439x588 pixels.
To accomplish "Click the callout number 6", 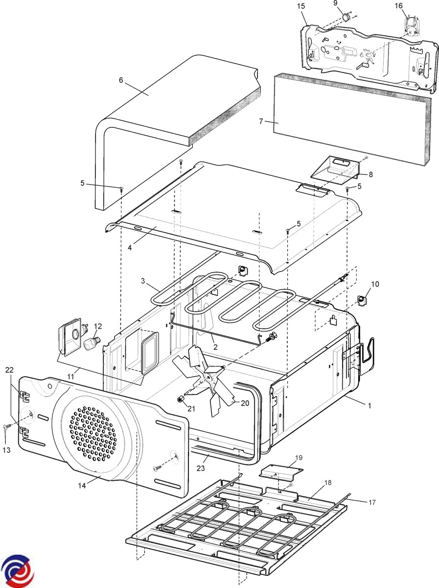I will pos(121,80).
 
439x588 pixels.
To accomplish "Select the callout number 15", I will pos(300,6).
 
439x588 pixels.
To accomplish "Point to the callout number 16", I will pos(399,6).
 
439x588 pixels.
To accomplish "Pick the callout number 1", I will pos(370,406).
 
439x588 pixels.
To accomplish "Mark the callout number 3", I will pos(143,281).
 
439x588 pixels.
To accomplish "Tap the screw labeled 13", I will pos(6,428).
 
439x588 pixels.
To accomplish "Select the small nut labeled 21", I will pos(180,399).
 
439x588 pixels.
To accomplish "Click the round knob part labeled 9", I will pos(347,18).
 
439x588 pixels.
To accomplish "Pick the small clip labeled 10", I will pos(362,299).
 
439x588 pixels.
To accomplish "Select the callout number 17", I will pos(372,502).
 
